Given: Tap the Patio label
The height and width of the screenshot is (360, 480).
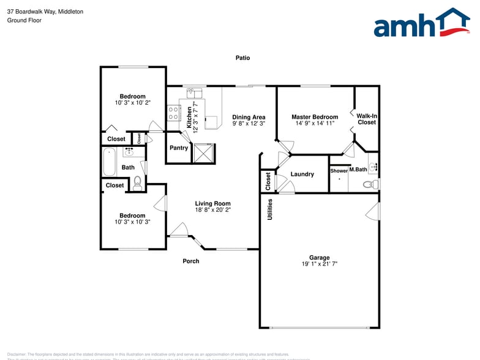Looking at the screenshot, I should pyautogui.click(x=243, y=58).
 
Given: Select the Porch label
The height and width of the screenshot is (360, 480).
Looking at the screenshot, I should pyautogui.click(x=191, y=261).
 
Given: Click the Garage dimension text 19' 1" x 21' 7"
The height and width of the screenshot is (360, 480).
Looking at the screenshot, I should pyautogui.click(x=319, y=264).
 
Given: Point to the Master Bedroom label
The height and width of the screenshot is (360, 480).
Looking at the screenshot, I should pyautogui.click(x=315, y=117).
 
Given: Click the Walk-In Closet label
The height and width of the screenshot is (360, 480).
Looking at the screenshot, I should pyautogui.click(x=367, y=119).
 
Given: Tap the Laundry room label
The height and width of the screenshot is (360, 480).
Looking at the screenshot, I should pyautogui.click(x=302, y=174).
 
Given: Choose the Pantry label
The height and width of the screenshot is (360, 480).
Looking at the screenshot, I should pyautogui.click(x=179, y=148).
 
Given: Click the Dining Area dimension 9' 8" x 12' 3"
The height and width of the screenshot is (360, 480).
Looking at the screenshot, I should pyautogui.click(x=249, y=124).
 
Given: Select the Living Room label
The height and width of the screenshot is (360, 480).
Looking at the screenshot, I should pyautogui.click(x=212, y=204).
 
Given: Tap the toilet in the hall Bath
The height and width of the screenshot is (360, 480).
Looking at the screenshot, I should pyautogui.click(x=137, y=181).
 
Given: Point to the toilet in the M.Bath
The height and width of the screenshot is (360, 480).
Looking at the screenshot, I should pyautogui.click(x=369, y=184).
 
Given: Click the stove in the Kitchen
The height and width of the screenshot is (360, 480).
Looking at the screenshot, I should pyautogui.click(x=173, y=113).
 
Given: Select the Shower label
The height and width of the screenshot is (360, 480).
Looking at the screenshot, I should pyautogui.click(x=339, y=171).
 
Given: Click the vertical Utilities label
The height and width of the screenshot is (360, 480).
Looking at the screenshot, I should pyautogui.click(x=269, y=209).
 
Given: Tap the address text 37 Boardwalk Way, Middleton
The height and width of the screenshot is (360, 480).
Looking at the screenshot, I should pyautogui.click(x=45, y=12).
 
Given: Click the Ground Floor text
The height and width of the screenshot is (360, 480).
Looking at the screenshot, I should pyautogui.click(x=24, y=20).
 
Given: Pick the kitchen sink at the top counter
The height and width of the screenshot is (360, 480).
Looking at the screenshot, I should pyautogui.click(x=194, y=93).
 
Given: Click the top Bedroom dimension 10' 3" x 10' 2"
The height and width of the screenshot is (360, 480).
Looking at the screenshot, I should pyautogui.click(x=132, y=103).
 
